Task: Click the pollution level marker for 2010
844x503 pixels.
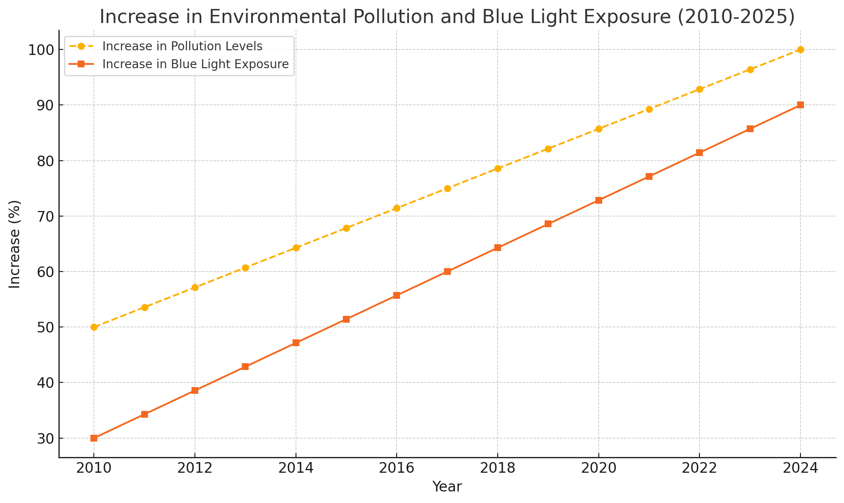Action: [94, 327]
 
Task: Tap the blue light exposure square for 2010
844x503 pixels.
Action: [94, 438]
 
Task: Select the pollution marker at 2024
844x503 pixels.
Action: [800, 50]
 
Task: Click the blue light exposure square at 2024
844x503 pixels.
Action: [800, 105]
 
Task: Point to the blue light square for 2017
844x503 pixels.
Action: [447, 272]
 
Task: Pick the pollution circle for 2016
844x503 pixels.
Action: [397, 208]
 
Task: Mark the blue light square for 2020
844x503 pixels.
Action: [599, 200]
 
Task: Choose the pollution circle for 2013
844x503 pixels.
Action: [245, 268]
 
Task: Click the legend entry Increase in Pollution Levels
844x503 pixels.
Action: [182, 46]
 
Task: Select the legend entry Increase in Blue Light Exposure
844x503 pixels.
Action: [195, 64]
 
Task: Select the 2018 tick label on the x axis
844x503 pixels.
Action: [497, 468]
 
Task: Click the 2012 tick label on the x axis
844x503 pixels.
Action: [194, 468]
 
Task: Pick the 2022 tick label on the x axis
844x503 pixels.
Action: [699, 468]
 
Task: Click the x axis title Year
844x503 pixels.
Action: [447, 487]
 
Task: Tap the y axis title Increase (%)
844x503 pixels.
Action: [15, 244]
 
